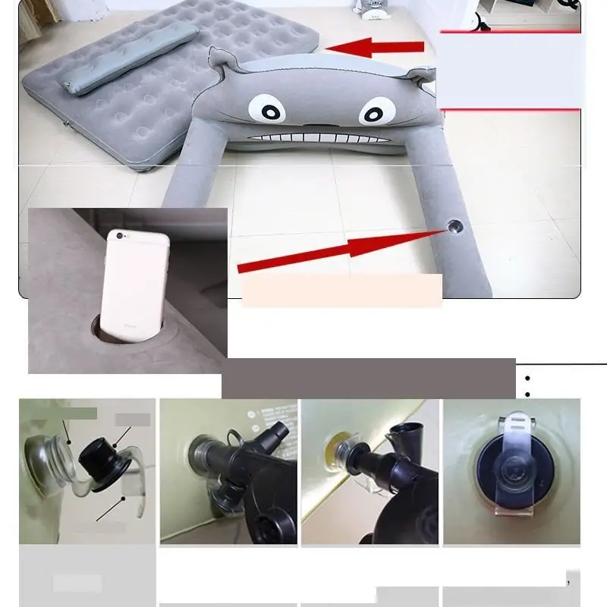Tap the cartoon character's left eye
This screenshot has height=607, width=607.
(x=271, y=111)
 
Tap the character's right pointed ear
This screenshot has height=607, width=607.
(x=420, y=76)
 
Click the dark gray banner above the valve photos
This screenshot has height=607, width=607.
(x=369, y=378)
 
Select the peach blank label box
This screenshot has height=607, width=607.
(x=341, y=291)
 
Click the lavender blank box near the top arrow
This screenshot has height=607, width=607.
(x=509, y=71)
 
